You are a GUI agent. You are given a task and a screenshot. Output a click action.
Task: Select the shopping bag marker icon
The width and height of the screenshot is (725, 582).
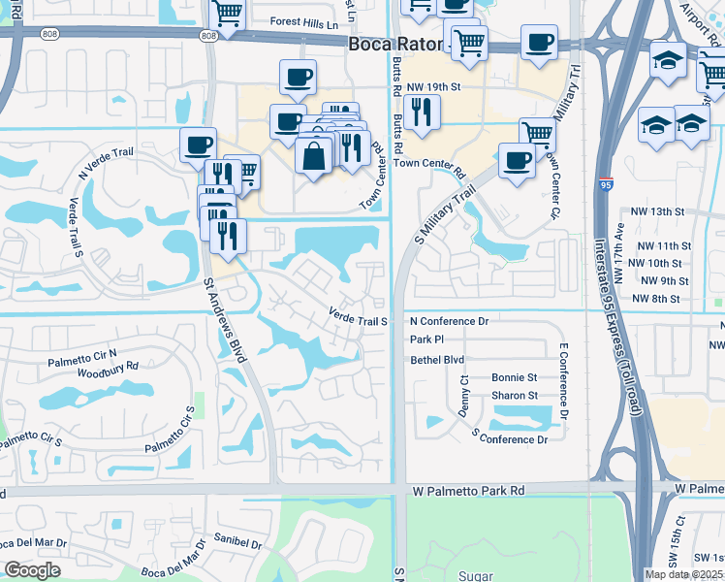pos(315,155)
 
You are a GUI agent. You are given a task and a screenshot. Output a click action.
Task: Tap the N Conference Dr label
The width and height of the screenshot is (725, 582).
pos(449,321)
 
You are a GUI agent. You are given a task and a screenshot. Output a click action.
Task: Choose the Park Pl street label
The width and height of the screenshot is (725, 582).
pos(426,339)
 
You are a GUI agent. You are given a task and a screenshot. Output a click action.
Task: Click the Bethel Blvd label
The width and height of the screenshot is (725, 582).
pos(437,359)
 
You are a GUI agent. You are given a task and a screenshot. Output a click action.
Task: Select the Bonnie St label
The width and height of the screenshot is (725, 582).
pos(514,377)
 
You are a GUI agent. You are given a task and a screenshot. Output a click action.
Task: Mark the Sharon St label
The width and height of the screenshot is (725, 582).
pos(514,396)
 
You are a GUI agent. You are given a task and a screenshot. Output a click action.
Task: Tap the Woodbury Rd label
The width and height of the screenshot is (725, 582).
pos(108,367)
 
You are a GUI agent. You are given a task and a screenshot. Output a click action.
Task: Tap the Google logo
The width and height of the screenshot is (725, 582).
pos(32,570)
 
